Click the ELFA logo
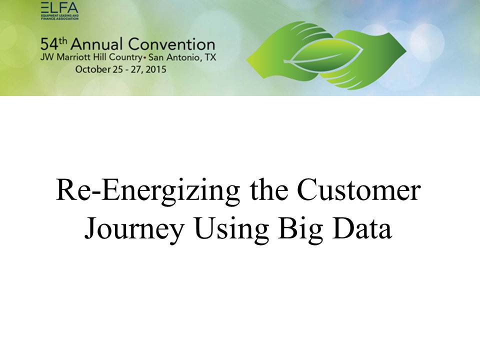[59, 11]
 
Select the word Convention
[171, 44]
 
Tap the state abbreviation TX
[210, 57]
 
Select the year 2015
[155, 69]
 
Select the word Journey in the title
[134, 229]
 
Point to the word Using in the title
[231, 229]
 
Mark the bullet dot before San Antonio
[145, 57]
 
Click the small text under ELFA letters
[59, 17]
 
